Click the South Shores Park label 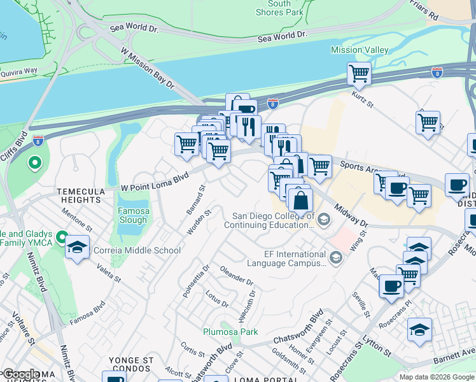pyautogui.click(x=279, y=8)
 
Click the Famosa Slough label pyautogui.click(x=132, y=215)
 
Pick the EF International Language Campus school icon pyautogui.click(x=336, y=257)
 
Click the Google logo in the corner pyautogui.click(x=20, y=375)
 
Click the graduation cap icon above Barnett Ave pyautogui.click(x=419, y=330)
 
